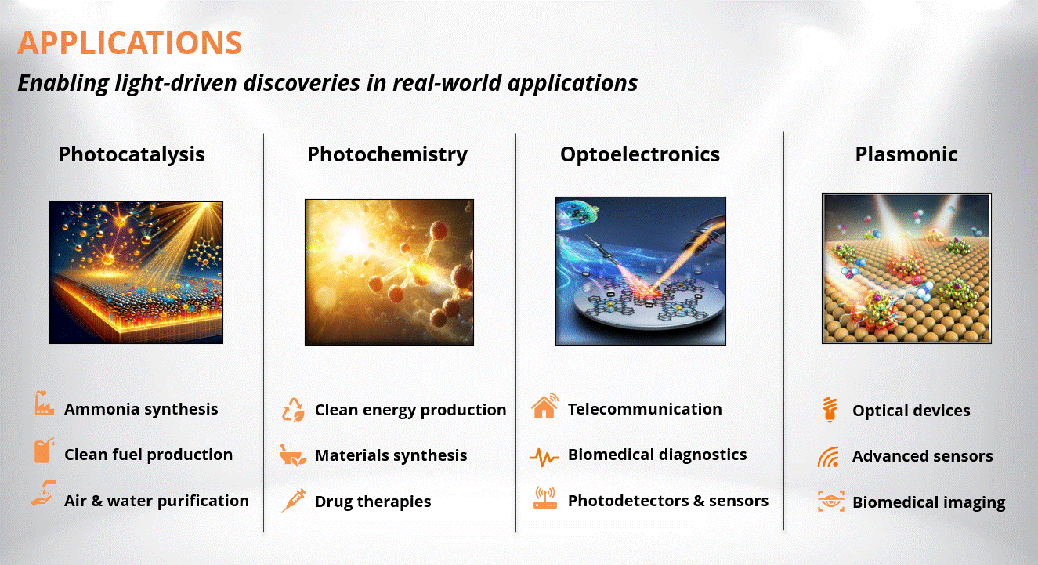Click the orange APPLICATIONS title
point(130,42)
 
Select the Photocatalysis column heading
point(132,155)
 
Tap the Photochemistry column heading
point(388,155)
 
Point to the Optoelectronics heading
point(640,155)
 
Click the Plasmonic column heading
point(906,155)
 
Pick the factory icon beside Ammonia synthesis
point(44,404)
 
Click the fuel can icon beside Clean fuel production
point(44,450)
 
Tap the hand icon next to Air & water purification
point(43,494)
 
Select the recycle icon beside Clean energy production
point(293,410)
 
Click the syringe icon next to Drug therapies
point(294,501)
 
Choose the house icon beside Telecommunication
point(544,406)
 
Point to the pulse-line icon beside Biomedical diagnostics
point(544,458)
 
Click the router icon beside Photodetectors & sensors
point(545,498)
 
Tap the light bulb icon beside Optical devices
point(830,410)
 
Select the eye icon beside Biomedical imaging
point(831,501)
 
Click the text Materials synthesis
point(391,455)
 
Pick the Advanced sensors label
point(922,456)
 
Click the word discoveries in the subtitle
point(302,83)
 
